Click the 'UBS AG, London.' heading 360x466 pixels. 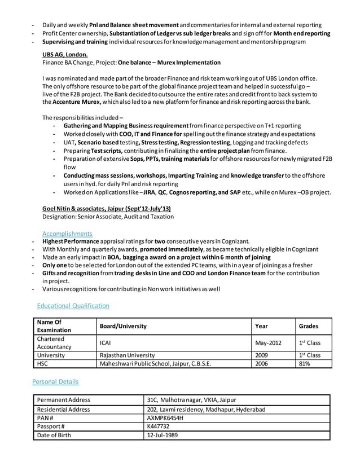(65, 54)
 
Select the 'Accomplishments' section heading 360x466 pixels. (67, 233)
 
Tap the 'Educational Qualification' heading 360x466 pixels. (73, 305)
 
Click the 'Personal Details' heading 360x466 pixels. (56, 381)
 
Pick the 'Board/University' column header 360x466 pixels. (122, 326)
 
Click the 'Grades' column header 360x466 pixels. (309, 326)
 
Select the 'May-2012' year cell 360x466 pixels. (268, 343)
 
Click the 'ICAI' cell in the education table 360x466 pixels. (106, 343)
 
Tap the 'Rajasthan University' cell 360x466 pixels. (127, 355)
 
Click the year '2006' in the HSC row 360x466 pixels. (262, 364)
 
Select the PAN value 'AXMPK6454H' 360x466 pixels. (166, 419)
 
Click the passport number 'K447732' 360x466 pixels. (159, 428)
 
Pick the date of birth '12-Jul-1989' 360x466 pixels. (163, 437)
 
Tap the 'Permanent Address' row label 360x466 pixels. (63, 400)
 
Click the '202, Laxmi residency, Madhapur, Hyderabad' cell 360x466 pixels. (206, 409)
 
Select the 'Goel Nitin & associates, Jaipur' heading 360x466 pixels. (102, 208)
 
